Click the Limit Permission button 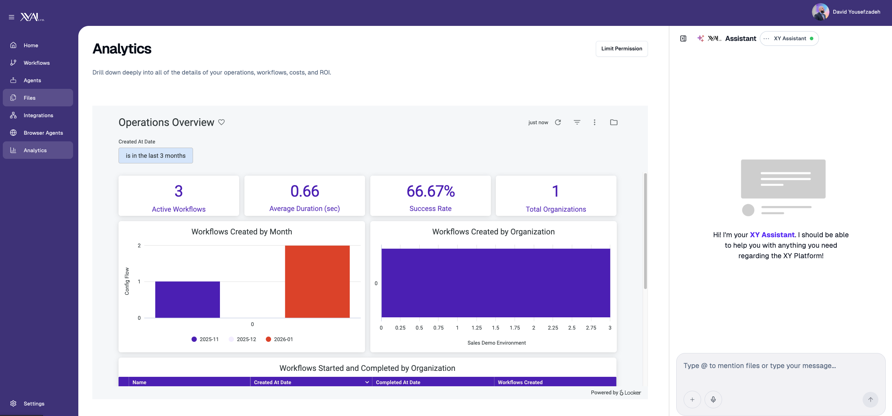(x=621, y=49)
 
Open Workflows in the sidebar (x=36, y=63)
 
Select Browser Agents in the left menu (x=43, y=133)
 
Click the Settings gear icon (x=13, y=403)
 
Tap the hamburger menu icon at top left (x=12, y=17)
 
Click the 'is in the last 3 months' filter (x=156, y=156)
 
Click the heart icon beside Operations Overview (x=221, y=122)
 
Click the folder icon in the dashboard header (x=613, y=122)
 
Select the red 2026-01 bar (x=317, y=282)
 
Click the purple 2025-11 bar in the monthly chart (x=187, y=299)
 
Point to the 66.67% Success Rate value (x=430, y=191)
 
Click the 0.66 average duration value (x=305, y=191)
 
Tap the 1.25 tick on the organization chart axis (x=476, y=328)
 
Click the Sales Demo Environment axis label (x=496, y=343)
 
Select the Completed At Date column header (x=398, y=382)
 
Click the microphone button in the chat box (x=713, y=400)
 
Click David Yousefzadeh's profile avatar (x=820, y=12)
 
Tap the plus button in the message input (x=692, y=400)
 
